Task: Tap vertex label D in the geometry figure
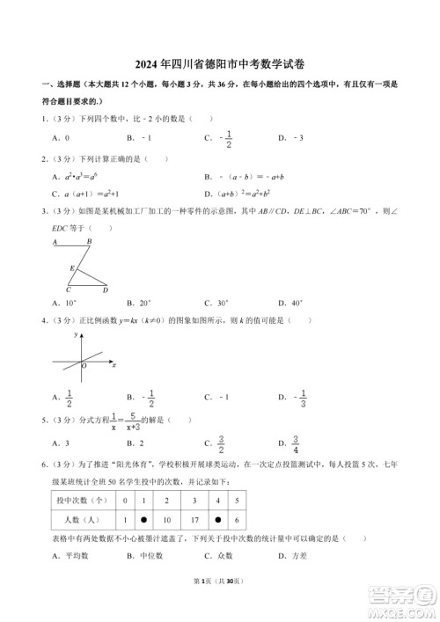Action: [106, 290]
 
